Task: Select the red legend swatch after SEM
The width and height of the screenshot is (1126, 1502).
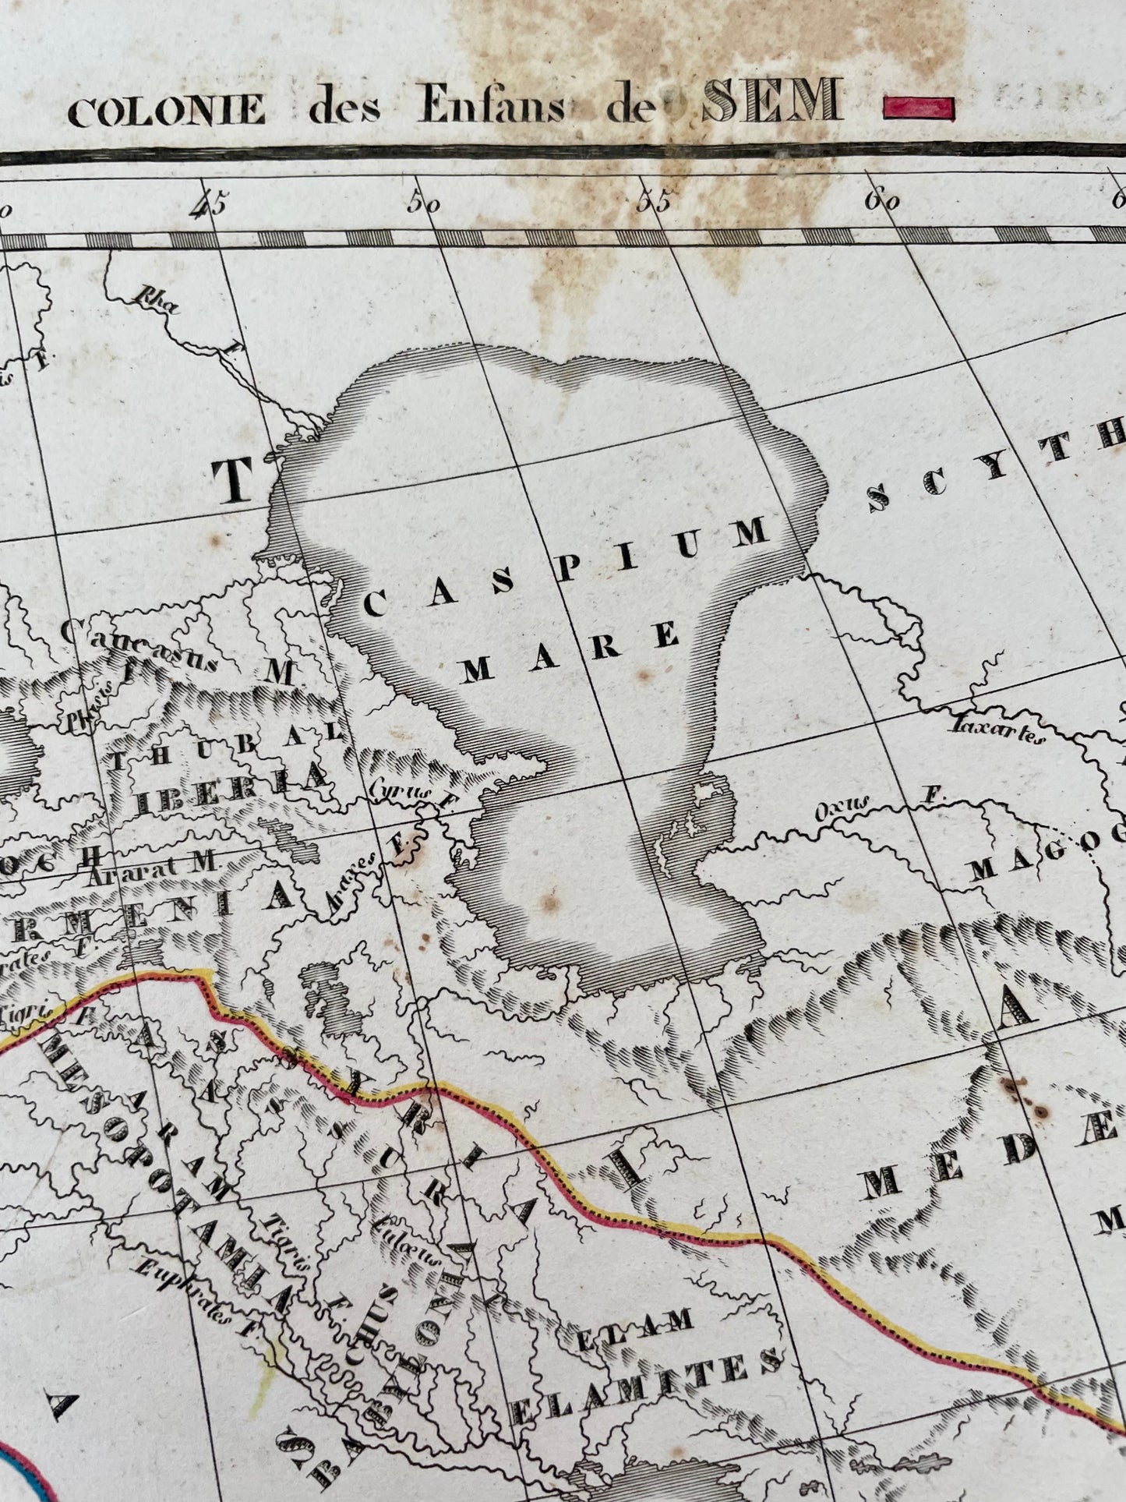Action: (x=919, y=107)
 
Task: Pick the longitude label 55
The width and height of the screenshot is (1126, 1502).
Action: (x=653, y=202)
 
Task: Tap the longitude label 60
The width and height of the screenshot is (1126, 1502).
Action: (x=881, y=201)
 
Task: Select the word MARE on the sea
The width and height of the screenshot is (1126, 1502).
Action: (x=570, y=652)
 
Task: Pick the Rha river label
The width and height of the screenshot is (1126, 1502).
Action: (x=155, y=301)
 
